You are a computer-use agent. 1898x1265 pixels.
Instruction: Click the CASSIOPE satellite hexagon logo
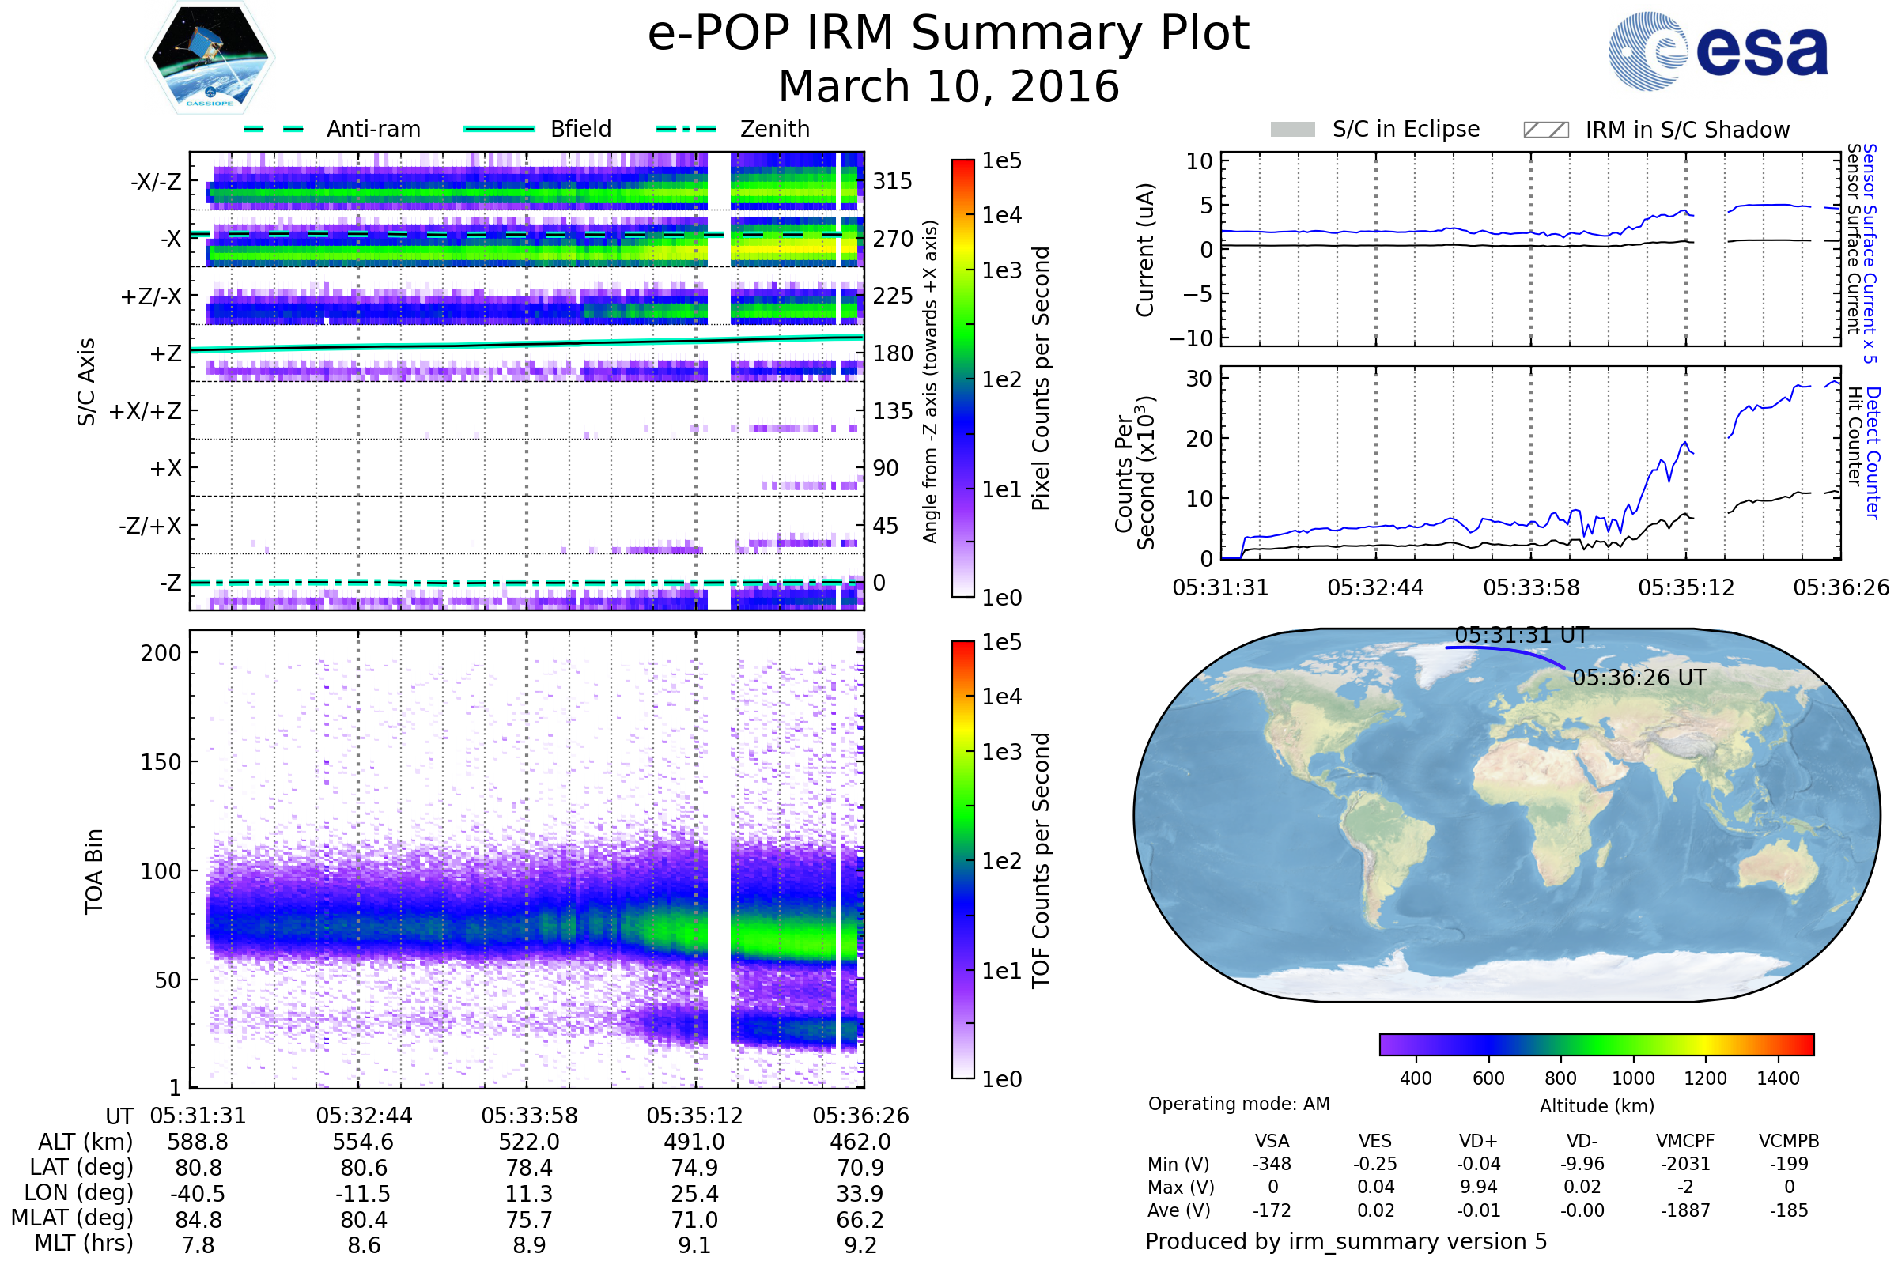point(210,56)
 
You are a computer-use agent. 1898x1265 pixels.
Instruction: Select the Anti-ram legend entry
point(332,129)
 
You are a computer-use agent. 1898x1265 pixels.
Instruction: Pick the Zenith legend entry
point(733,129)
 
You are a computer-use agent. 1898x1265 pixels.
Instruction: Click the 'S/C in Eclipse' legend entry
point(1375,129)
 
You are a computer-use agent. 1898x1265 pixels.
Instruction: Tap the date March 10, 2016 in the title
point(949,86)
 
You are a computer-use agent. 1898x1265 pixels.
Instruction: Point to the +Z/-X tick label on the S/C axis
point(151,297)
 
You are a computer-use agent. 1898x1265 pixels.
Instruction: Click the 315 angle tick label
point(893,181)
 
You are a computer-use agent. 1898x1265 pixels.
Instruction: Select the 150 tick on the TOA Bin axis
point(161,762)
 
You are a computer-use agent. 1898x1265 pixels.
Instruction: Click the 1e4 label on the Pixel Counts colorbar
point(1001,215)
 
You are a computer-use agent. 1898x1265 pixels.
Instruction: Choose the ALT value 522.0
point(529,1142)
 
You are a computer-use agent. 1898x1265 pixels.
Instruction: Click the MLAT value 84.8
point(198,1220)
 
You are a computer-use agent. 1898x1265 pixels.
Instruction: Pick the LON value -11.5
point(364,1194)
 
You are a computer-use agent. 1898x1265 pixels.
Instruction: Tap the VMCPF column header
point(1685,1142)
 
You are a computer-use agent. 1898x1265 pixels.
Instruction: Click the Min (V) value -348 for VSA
point(1272,1164)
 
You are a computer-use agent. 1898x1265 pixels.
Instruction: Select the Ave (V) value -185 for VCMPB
point(1789,1210)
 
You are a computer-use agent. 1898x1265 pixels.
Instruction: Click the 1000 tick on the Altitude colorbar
point(1633,1078)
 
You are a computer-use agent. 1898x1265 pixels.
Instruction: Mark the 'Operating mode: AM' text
point(1238,1104)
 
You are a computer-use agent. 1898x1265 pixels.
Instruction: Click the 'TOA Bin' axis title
point(93,871)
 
